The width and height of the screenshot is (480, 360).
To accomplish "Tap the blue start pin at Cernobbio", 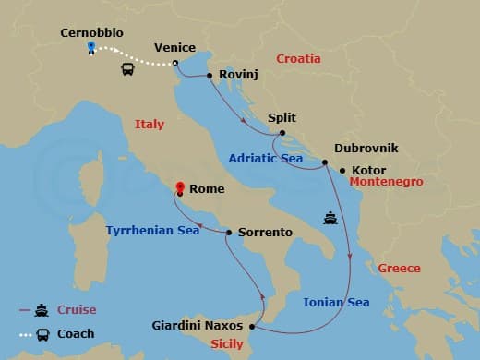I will pos(90,47).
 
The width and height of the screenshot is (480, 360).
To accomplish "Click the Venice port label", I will pos(174,47).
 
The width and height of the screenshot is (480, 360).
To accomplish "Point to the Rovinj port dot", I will pos(210,76).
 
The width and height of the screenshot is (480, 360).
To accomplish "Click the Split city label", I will pos(282,118).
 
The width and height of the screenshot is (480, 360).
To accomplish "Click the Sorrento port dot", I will pos(228,233).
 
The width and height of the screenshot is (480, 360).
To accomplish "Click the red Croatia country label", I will pos(297,58).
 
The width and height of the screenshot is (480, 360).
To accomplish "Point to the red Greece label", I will pos(399,269).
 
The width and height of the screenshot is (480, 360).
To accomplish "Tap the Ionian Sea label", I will pos(337,302).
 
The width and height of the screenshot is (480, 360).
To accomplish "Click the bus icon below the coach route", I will pos(127,69).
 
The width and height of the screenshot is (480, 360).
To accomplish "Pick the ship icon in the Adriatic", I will pos(330,219).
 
